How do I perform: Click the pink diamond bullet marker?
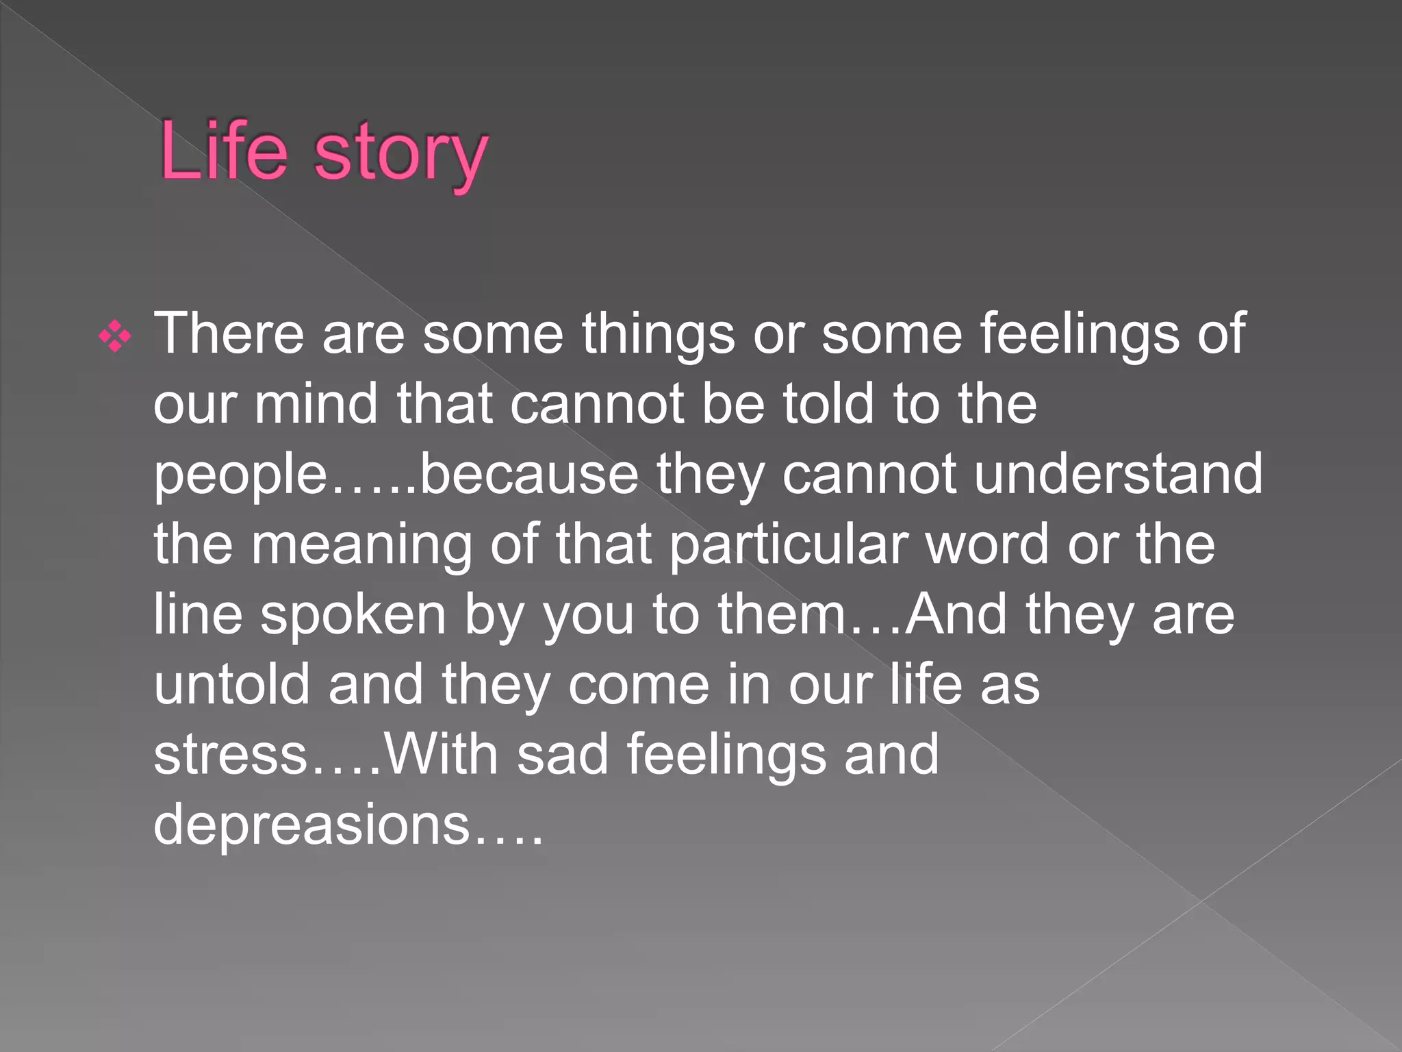coord(115,337)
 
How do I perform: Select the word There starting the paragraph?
coord(229,334)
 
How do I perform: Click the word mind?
coord(316,404)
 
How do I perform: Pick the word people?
coord(240,476)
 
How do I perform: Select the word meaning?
coord(361,546)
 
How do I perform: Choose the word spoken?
coord(353,615)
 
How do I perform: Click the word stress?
coord(230,755)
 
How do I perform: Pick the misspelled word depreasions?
coord(311,825)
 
